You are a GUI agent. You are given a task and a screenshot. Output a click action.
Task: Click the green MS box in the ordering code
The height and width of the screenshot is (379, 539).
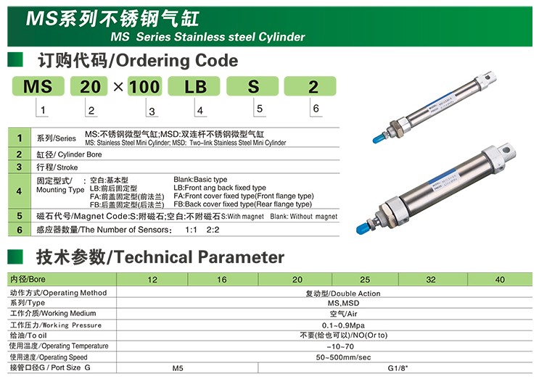(38, 86)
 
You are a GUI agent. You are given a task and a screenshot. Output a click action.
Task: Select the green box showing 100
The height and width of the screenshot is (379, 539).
(144, 86)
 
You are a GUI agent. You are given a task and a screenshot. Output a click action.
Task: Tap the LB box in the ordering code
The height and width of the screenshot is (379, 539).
(194, 86)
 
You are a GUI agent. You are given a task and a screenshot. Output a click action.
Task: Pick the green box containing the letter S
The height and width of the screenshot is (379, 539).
(252, 86)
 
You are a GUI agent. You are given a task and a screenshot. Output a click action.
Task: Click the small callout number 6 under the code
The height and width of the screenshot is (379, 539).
(316, 109)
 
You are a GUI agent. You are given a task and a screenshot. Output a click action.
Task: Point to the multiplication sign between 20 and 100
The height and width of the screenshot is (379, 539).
(118, 86)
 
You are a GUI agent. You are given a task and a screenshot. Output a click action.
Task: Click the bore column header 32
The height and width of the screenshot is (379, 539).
(431, 280)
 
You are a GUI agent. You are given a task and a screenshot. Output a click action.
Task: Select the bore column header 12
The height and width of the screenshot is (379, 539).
(152, 280)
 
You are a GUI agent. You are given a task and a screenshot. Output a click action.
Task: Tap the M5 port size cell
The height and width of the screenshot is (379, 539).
(178, 368)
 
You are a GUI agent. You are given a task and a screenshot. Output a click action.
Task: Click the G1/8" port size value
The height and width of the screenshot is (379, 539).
(398, 368)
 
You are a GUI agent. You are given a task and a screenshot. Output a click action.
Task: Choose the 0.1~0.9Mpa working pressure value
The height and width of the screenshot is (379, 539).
(343, 325)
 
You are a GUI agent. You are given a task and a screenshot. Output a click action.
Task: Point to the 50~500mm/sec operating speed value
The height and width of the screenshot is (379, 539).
(343, 357)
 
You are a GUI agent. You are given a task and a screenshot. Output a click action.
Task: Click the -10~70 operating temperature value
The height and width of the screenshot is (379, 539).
(340, 346)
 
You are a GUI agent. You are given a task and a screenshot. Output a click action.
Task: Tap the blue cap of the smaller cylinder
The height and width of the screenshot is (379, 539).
(378, 138)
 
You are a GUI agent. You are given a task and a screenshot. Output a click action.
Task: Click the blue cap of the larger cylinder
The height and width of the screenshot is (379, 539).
(363, 228)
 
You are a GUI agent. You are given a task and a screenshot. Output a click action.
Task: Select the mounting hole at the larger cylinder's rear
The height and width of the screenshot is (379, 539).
(506, 150)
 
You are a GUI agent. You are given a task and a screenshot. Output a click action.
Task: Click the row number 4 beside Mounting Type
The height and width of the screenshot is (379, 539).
(20, 191)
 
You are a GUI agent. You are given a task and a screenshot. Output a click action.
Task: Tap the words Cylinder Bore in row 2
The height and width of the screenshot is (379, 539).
(80, 154)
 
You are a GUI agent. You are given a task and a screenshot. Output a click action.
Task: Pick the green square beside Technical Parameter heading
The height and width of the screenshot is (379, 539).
(15, 257)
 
